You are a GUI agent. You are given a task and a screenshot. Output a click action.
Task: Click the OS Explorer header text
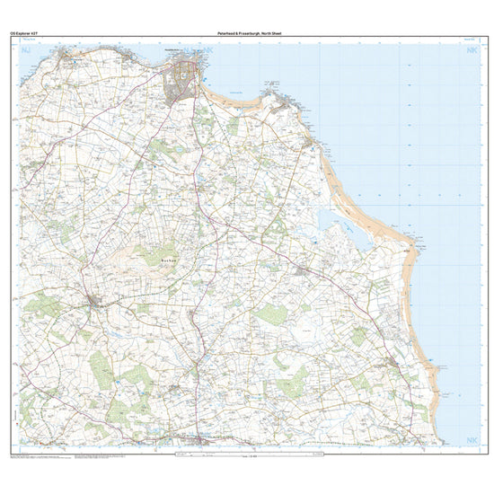pos(22,32)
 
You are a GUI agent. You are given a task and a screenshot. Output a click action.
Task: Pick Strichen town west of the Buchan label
pos(96,301)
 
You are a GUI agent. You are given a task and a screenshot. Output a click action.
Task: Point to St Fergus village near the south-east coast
pos(394,363)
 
